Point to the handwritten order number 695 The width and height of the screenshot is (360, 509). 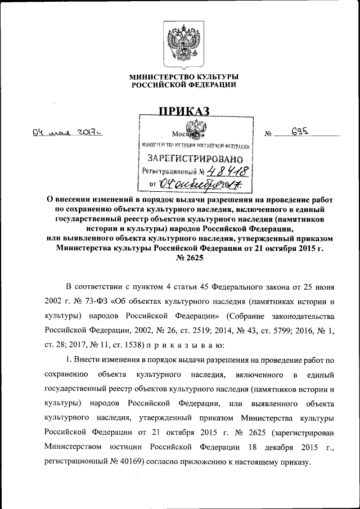(301, 132)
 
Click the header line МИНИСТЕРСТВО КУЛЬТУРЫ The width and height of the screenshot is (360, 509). (184, 76)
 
